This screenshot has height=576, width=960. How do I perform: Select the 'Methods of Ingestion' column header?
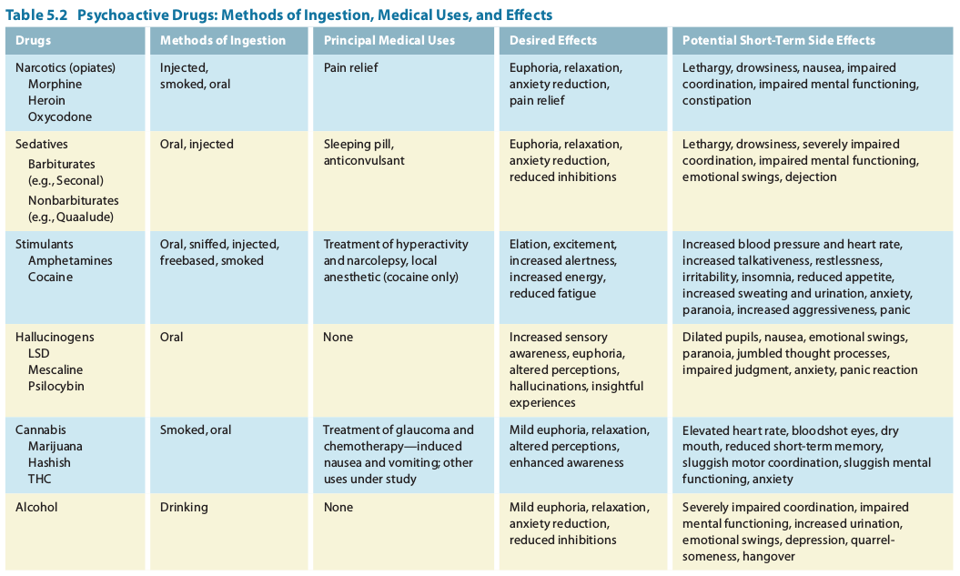[x=223, y=40]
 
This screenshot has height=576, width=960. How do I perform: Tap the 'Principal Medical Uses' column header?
[x=389, y=40]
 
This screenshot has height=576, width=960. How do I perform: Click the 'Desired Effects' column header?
[x=553, y=40]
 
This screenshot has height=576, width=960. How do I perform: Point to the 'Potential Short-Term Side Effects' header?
[x=779, y=40]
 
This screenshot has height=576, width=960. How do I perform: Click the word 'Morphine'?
[x=55, y=84]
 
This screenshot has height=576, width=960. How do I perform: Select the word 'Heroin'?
[x=47, y=100]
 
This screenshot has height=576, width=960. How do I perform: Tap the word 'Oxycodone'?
[x=60, y=116]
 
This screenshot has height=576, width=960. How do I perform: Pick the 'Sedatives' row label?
[x=42, y=144]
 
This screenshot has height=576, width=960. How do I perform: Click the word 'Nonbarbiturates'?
[x=73, y=200]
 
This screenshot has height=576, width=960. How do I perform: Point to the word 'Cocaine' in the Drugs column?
[x=50, y=277]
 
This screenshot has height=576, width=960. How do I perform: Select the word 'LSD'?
[x=39, y=353]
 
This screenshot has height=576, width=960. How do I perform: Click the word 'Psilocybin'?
[x=56, y=386]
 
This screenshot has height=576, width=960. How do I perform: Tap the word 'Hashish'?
[x=49, y=462]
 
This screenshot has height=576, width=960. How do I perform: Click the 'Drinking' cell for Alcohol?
[x=184, y=507]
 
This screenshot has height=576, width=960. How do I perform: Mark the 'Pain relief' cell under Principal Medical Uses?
[x=350, y=67]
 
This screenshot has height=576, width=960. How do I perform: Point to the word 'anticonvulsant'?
[x=364, y=160]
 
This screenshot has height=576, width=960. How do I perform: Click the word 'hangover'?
[x=768, y=556]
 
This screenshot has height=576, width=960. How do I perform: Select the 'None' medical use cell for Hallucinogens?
[x=338, y=337]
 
